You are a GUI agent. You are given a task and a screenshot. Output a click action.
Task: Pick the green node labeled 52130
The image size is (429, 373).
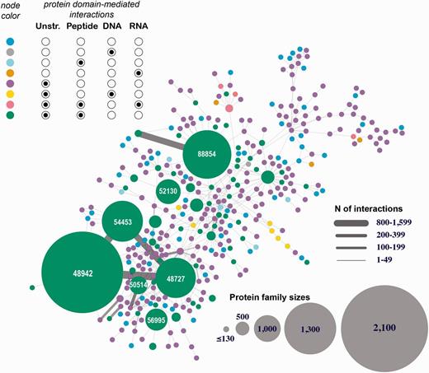point(167,191)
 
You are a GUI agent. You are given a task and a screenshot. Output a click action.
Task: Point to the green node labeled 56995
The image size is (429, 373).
point(157,320)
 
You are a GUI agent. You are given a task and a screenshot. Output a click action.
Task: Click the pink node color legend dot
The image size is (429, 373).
point(8,105)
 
